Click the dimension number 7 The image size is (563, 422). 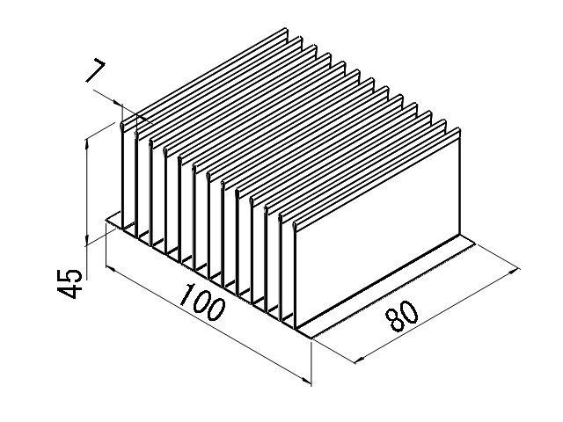coord(96,71)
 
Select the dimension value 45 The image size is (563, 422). coord(69,283)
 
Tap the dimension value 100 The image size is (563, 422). coord(203,302)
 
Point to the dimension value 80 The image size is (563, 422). coord(401,316)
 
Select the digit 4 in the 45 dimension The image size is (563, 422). coord(69,291)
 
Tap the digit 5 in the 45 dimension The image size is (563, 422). coord(69,275)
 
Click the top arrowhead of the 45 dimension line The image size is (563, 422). coord(86,143)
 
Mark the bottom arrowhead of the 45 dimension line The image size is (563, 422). coord(86,240)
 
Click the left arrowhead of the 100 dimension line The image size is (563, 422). coord(110,269)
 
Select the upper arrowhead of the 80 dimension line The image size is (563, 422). coord(514,271)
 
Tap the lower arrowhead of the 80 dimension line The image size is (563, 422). coord(359,360)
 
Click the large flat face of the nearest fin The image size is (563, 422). coord(377,229)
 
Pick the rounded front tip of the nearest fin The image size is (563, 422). coord(295,226)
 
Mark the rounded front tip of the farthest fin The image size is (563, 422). coord(122,126)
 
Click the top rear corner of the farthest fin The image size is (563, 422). coord(287,28)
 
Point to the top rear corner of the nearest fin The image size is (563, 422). coord(459,129)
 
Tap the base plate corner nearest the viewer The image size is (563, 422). coord(311,338)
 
